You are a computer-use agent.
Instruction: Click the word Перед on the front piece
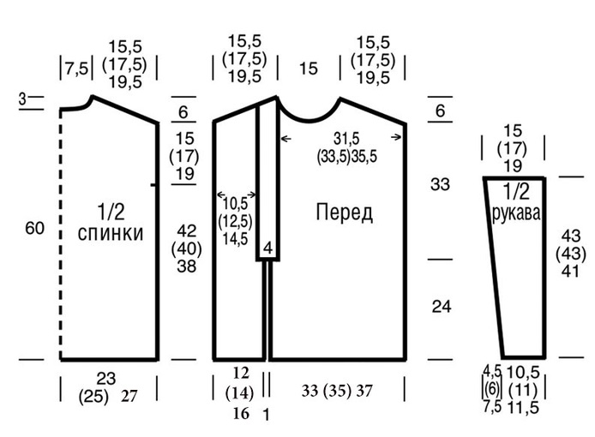pos(344,213)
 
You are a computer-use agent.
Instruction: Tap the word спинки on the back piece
pos(111,233)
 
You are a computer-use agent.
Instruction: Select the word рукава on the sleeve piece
pos(516,213)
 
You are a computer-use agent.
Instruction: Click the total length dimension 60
pos(35,229)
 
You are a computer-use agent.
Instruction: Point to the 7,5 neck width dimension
pos(76,69)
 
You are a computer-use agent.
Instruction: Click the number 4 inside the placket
pos(267,248)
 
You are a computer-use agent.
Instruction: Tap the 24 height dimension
pos(442,307)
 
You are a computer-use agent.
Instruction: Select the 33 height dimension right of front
pos(440,184)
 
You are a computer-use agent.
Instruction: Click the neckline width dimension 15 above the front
pos(308,69)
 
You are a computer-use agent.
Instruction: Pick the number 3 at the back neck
pos(22,99)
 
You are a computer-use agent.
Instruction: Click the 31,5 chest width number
pos(346,139)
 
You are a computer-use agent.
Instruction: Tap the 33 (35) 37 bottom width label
pos(337,391)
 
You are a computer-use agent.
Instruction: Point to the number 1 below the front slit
pos(267,415)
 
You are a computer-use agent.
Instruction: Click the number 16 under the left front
pos(241,413)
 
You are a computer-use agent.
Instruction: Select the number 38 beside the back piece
pos(186,266)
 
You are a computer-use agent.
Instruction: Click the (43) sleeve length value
pos(571,254)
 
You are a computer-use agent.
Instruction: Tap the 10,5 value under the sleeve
pos(523,373)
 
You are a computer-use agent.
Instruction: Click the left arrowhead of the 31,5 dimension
pos(283,139)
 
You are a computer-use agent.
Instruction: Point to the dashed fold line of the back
pos(60,234)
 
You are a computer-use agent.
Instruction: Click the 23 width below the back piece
pos(105,379)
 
